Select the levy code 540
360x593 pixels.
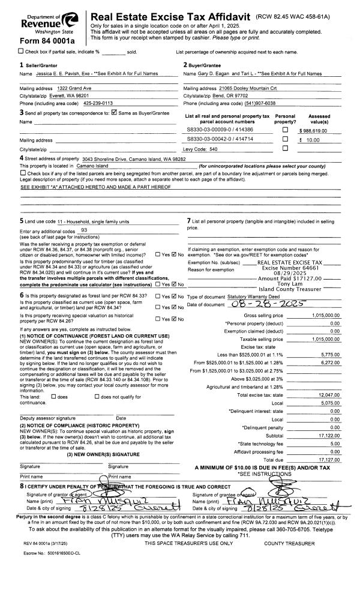pos(211,148)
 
